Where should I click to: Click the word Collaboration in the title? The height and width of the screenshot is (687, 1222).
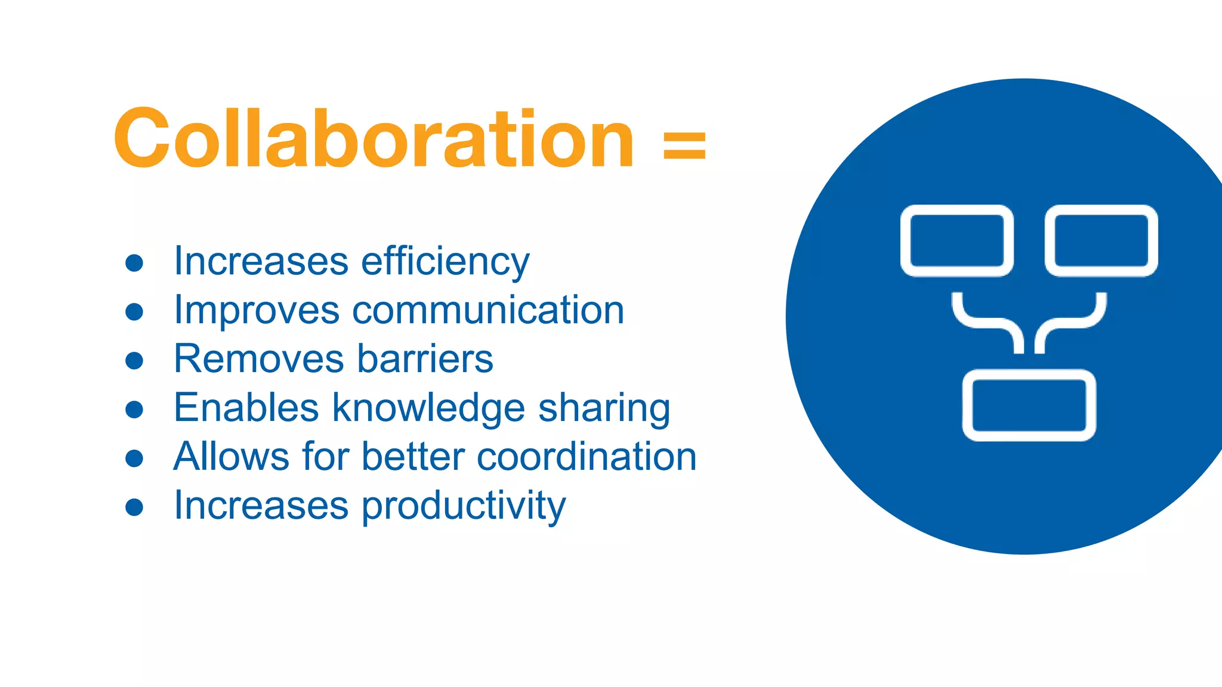(x=374, y=138)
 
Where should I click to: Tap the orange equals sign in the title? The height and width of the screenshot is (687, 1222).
(x=684, y=146)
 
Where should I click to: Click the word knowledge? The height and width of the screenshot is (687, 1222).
(x=428, y=409)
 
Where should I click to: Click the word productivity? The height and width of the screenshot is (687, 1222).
(x=464, y=506)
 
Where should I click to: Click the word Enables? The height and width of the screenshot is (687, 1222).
(x=246, y=408)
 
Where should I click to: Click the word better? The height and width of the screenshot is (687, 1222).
(x=412, y=457)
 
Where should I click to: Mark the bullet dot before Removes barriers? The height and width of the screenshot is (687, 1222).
(x=135, y=360)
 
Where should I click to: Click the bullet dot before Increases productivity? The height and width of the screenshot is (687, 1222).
(x=135, y=507)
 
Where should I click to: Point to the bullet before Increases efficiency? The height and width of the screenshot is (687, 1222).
(x=135, y=263)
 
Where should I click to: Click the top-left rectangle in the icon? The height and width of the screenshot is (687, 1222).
(x=956, y=240)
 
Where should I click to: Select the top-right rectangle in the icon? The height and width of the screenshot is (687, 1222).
(x=1101, y=240)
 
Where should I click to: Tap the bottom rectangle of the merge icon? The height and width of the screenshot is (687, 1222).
(x=1029, y=405)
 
